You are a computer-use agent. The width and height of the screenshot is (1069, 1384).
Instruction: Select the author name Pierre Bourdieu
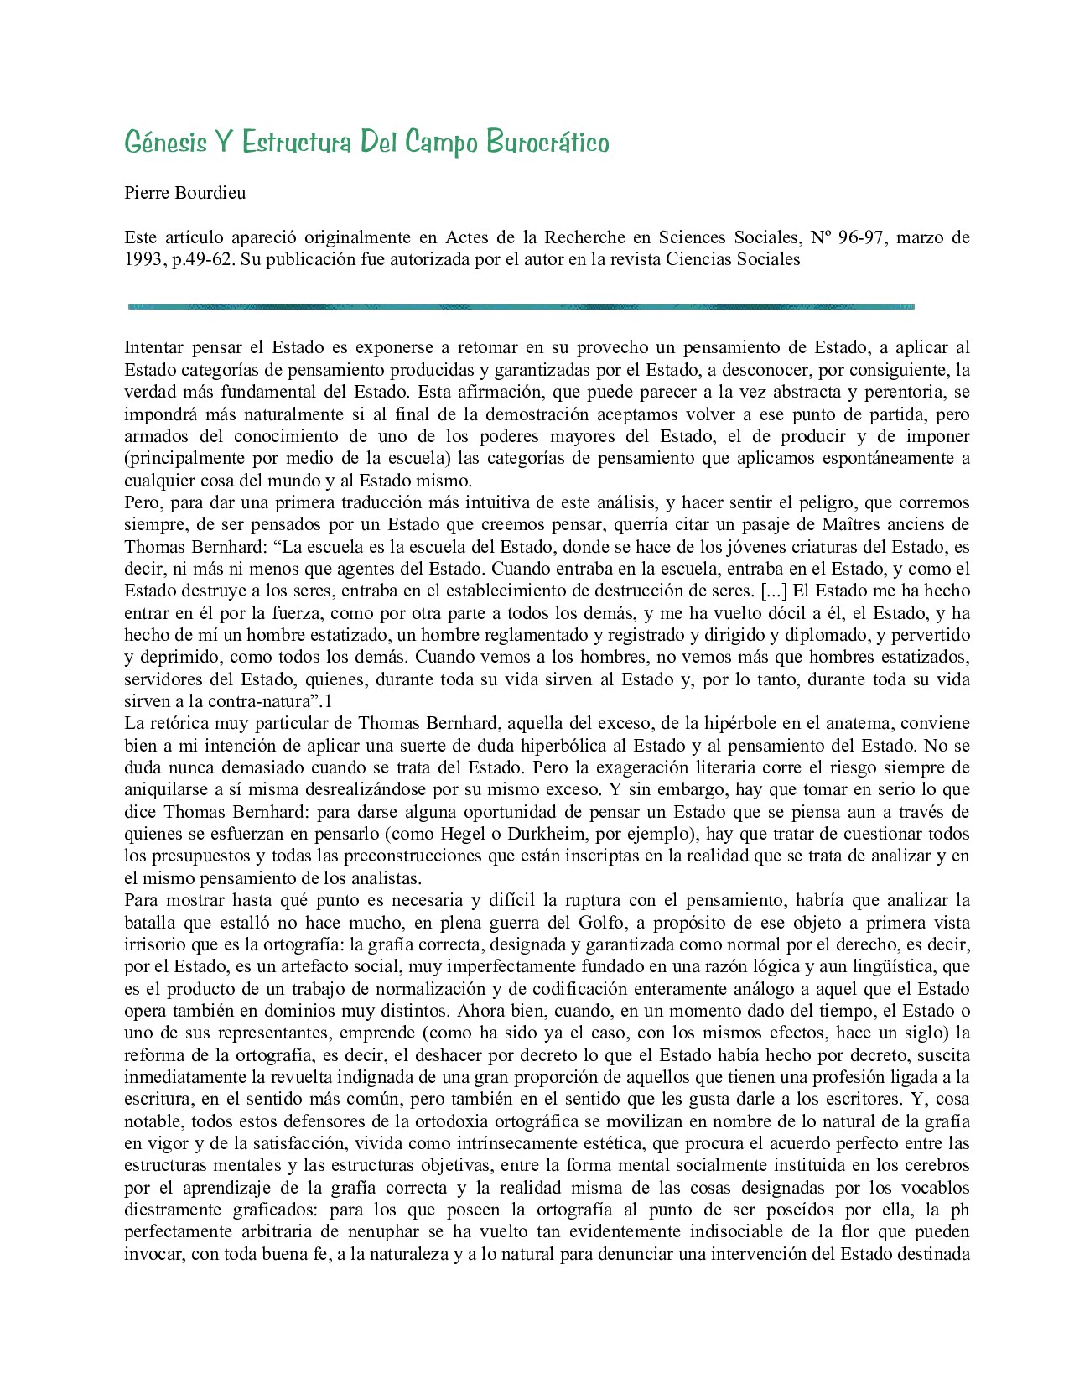184,193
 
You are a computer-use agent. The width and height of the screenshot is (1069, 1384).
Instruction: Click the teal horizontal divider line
520,307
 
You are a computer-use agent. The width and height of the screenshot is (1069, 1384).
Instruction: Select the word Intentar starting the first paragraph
154,347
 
